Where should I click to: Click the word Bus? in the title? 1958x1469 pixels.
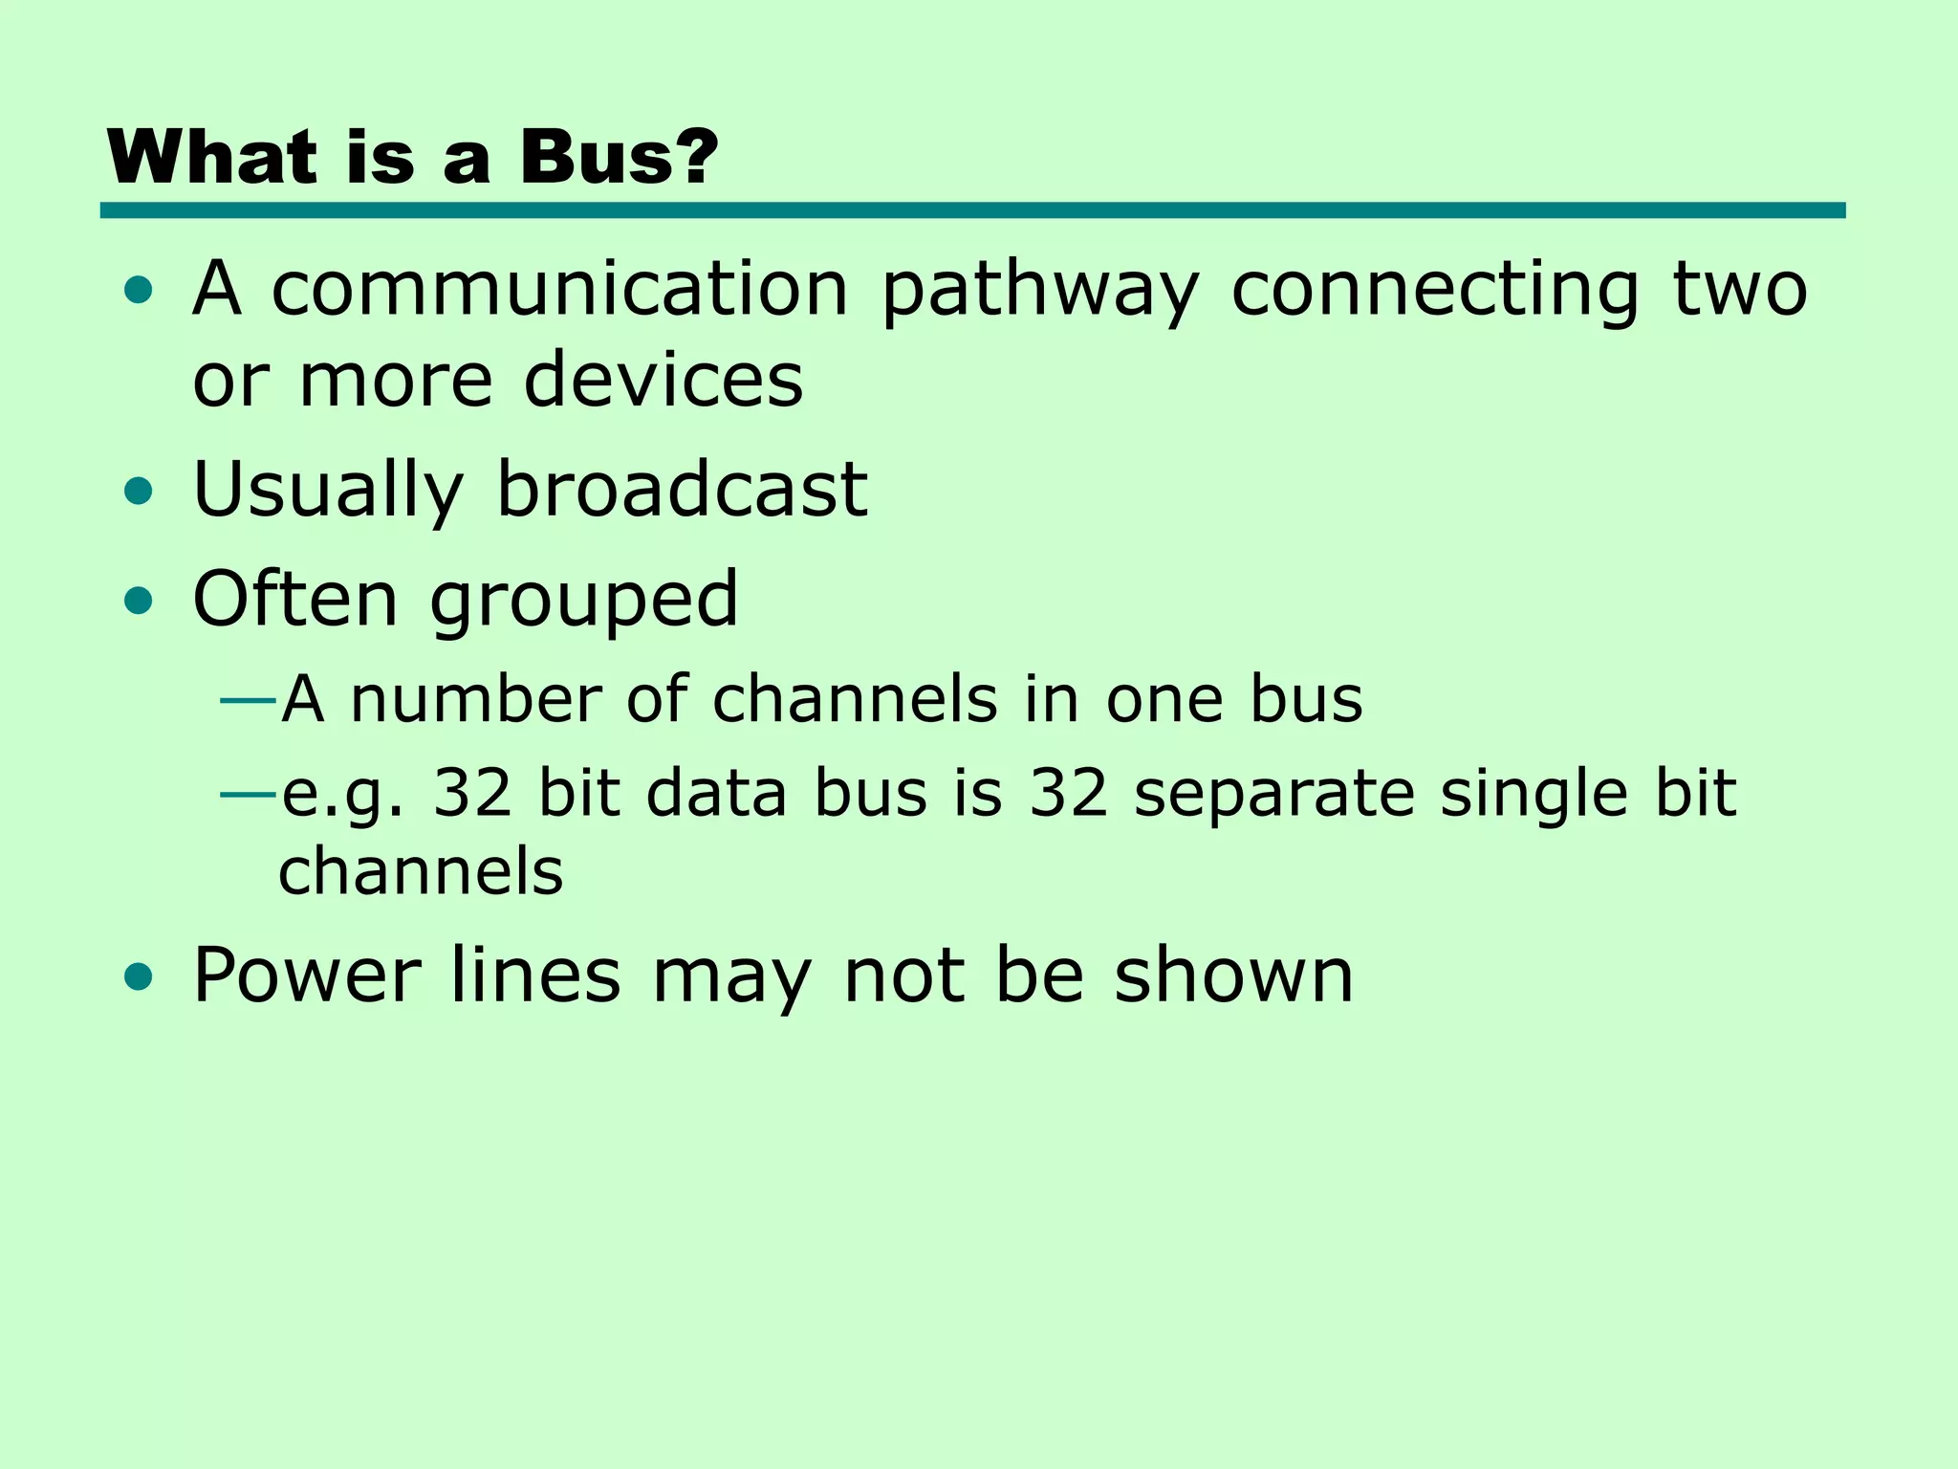(618, 158)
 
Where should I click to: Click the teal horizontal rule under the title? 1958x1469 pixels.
(972, 210)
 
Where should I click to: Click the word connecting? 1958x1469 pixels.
(1435, 291)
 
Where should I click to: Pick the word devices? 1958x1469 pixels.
(664, 380)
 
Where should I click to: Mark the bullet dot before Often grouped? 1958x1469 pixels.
(139, 602)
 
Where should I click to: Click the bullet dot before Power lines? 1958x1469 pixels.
(139, 976)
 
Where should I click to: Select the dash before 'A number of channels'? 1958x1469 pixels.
(248, 701)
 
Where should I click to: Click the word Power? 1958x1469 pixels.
(307, 976)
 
